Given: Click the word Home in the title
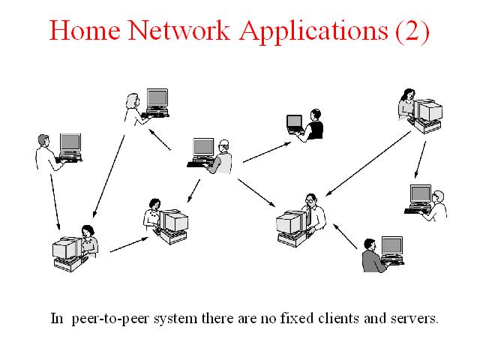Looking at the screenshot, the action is (x=85, y=30).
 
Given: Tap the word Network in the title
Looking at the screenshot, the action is (x=178, y=30).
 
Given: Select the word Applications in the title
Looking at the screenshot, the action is (x=313, y=31).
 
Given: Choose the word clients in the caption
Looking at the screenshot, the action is (x=338, y=318).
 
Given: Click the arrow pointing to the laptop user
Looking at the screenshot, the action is (x=267, y=152).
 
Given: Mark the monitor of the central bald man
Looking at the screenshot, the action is (x=203, y=148).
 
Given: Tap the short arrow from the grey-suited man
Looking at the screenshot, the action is (x=345, y=236).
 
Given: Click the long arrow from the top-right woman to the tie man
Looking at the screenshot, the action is (x=368, y=163).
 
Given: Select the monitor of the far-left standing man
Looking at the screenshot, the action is (x=70, y=142).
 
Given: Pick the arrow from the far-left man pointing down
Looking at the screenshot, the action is (x=55, y=202).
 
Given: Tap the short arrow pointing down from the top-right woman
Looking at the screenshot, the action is (x=420, y=160).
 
